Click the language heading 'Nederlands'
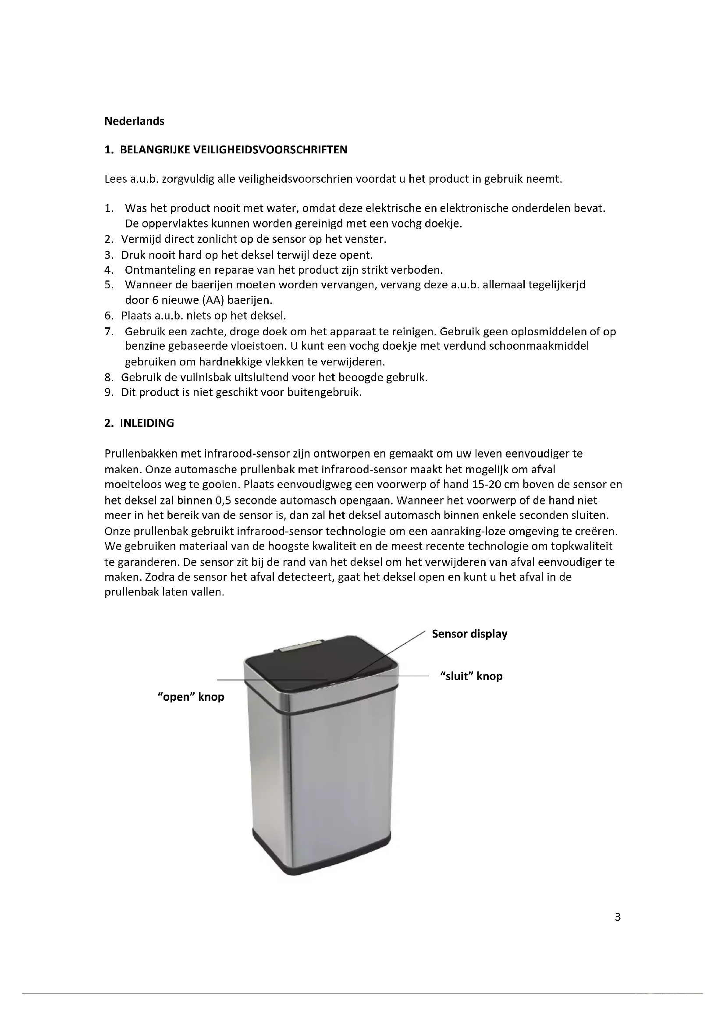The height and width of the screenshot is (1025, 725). coord(134,121)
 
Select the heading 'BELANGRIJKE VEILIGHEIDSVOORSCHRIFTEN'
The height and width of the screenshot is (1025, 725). coord(234,149)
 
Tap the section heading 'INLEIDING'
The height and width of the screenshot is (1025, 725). coord(147,423)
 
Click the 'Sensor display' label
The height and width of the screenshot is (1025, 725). coord(469,634)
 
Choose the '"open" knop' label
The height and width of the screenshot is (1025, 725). coord(191,697)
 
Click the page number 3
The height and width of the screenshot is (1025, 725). coord(618,917)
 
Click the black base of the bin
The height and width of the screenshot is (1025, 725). coord(321,855)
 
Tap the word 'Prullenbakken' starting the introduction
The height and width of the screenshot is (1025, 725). coord(141,454)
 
